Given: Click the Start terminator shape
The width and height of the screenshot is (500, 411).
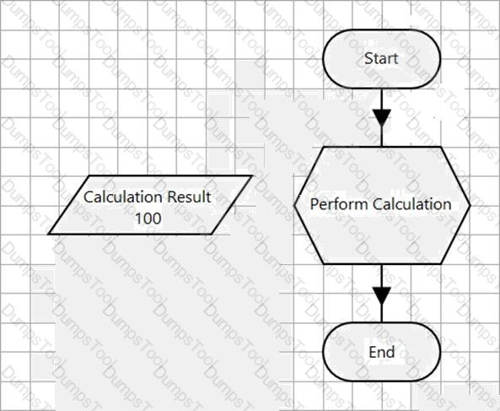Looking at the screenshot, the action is tap(382, 59).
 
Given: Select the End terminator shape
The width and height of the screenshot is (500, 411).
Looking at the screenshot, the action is tap(382, 352).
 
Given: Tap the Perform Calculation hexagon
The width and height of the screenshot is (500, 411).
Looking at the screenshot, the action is tap(382, 206).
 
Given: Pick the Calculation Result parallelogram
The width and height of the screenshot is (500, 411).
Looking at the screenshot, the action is tap(150, 205).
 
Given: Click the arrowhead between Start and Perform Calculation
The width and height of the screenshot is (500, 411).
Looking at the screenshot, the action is tap(382, 117).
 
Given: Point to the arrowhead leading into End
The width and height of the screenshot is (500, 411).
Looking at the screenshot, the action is tap(382, 295).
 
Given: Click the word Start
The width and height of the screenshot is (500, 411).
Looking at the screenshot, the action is tap(381, 58).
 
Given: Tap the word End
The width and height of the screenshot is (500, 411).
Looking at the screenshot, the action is tap(382, 352).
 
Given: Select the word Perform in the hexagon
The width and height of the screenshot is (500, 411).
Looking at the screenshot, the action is tap(340, 204).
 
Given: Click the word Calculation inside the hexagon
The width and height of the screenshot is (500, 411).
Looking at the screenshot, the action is tap(412, 204).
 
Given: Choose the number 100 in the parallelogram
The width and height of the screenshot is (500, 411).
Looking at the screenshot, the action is tap(148, 219).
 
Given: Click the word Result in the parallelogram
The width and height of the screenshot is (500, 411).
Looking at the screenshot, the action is tap(189, 197).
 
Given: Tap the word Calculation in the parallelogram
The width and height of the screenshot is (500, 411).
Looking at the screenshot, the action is tap(123, 197).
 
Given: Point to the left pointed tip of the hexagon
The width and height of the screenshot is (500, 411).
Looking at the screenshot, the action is tap(294, 206).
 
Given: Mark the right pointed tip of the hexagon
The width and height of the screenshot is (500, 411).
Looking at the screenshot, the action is tap(470, 206).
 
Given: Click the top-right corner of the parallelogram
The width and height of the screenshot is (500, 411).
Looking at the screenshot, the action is tap(252, 176).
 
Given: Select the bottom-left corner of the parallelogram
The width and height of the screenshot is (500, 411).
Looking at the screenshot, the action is tap(48, 235).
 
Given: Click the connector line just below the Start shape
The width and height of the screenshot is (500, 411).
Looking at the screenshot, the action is tap(382, 99).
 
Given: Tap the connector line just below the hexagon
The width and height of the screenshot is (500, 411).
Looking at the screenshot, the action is tap(382, 276).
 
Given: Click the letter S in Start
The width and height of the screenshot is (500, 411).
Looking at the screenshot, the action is tap(368, 58).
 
